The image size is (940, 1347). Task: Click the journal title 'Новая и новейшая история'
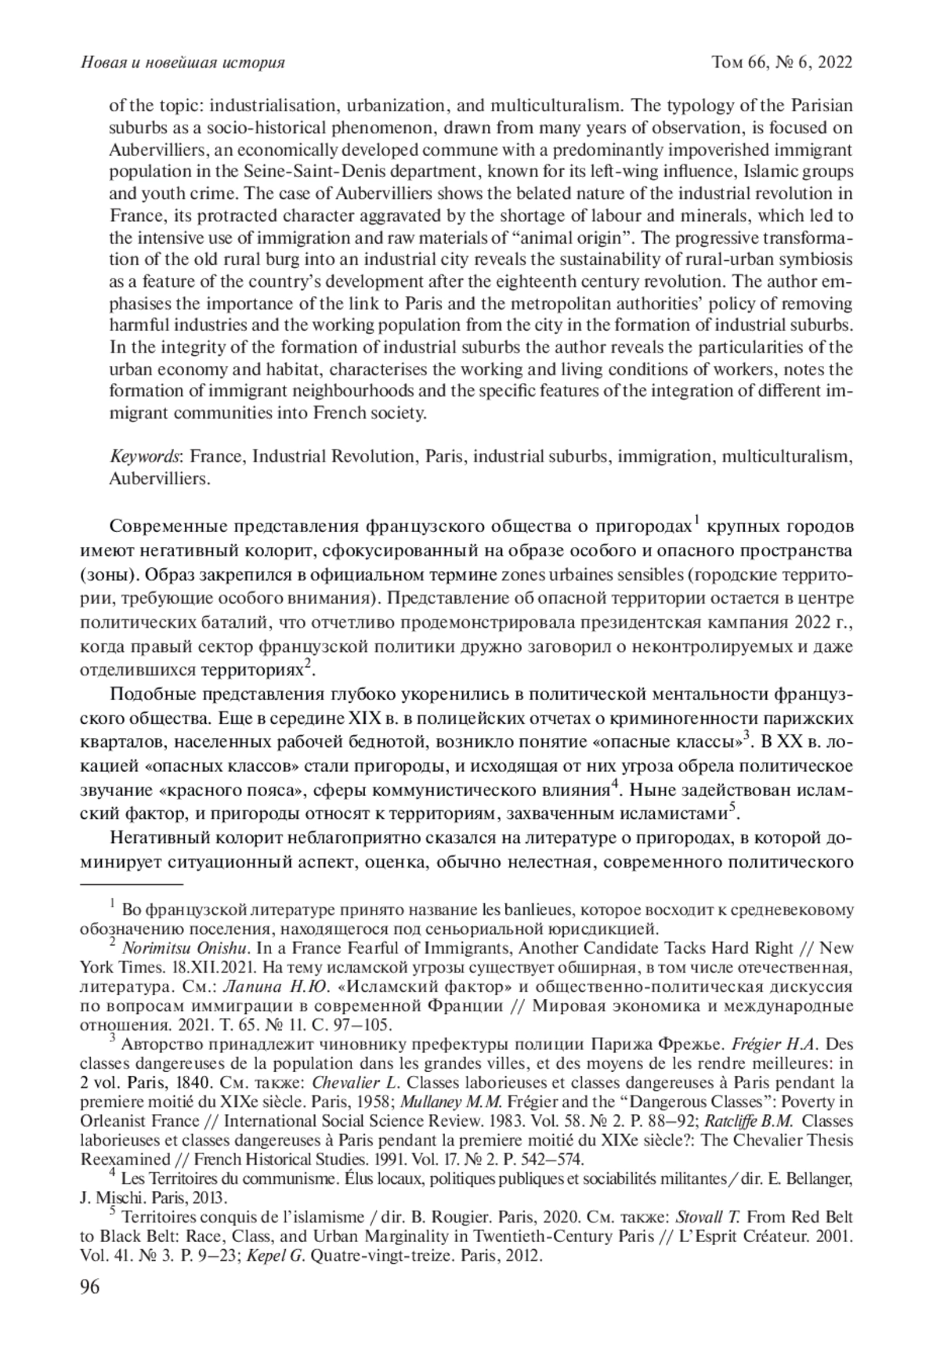[182, 63]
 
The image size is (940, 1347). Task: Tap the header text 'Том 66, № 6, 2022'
[779, 63]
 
